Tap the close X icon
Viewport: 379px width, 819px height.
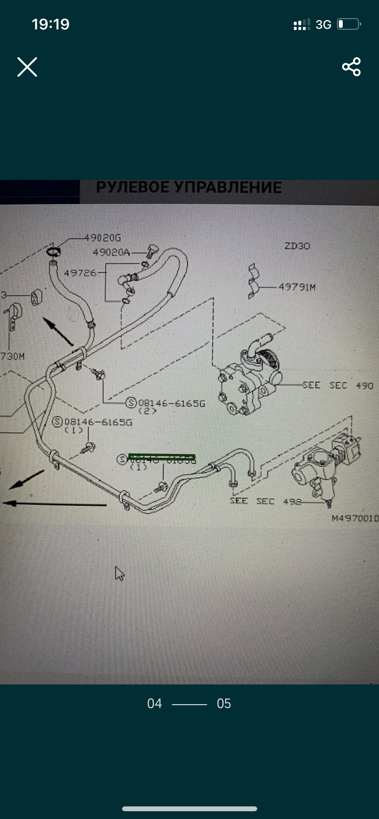click(27, 67)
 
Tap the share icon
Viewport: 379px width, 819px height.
click(351, 67)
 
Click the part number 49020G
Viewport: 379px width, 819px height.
click(103, 238)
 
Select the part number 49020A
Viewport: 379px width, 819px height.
click(111, 252)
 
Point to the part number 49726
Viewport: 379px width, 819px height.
click(80, 273)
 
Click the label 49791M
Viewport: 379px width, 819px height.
click(297, 287)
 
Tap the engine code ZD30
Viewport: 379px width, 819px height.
click(297, 246)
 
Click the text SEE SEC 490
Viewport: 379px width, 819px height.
click(338, 385)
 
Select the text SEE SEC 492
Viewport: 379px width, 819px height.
click(265, 501)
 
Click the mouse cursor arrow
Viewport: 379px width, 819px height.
click(119, 573)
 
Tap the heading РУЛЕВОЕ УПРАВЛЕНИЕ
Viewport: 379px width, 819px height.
click(189, 188)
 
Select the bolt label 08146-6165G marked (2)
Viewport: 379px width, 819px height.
click(172, 403)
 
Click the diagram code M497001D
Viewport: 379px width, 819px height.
click(355, 519)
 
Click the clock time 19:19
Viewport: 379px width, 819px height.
click(51, 24)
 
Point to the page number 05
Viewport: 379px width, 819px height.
click(224, 704)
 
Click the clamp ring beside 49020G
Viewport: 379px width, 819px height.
click(53, 251)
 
